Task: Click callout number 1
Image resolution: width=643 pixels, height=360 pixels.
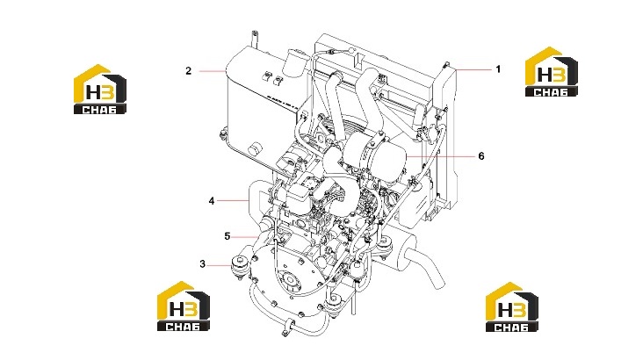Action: [x=498, y=69]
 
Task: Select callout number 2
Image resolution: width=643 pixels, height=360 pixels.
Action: [x=188, y=71]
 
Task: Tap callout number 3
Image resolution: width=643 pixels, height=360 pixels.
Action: [x=202, y=264]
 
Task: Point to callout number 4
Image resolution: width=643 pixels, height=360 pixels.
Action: [x=212, y=201]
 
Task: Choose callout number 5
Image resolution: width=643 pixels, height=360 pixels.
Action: [x=228, y=236]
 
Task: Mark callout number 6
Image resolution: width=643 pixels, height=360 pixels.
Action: [x=481, y=156]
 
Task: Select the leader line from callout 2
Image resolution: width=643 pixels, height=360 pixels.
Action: [x=213, y=71]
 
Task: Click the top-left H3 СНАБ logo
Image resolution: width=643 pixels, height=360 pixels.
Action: [x=99, y=89]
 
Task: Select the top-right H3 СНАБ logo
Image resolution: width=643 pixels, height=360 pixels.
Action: [x=552, y=72]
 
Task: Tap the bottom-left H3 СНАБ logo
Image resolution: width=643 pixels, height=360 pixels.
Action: [x=184, y=306]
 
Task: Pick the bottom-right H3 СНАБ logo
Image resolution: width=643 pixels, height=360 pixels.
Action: [x=512, y=306]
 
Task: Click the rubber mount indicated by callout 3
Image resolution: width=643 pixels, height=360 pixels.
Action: [x=239, y=266]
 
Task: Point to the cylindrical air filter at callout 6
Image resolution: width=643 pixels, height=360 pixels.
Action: [x=374, y=158]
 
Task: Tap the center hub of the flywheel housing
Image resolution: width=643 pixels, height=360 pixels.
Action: [x=292, y=281]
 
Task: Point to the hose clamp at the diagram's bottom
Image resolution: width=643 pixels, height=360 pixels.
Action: [x=288, y=326]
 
